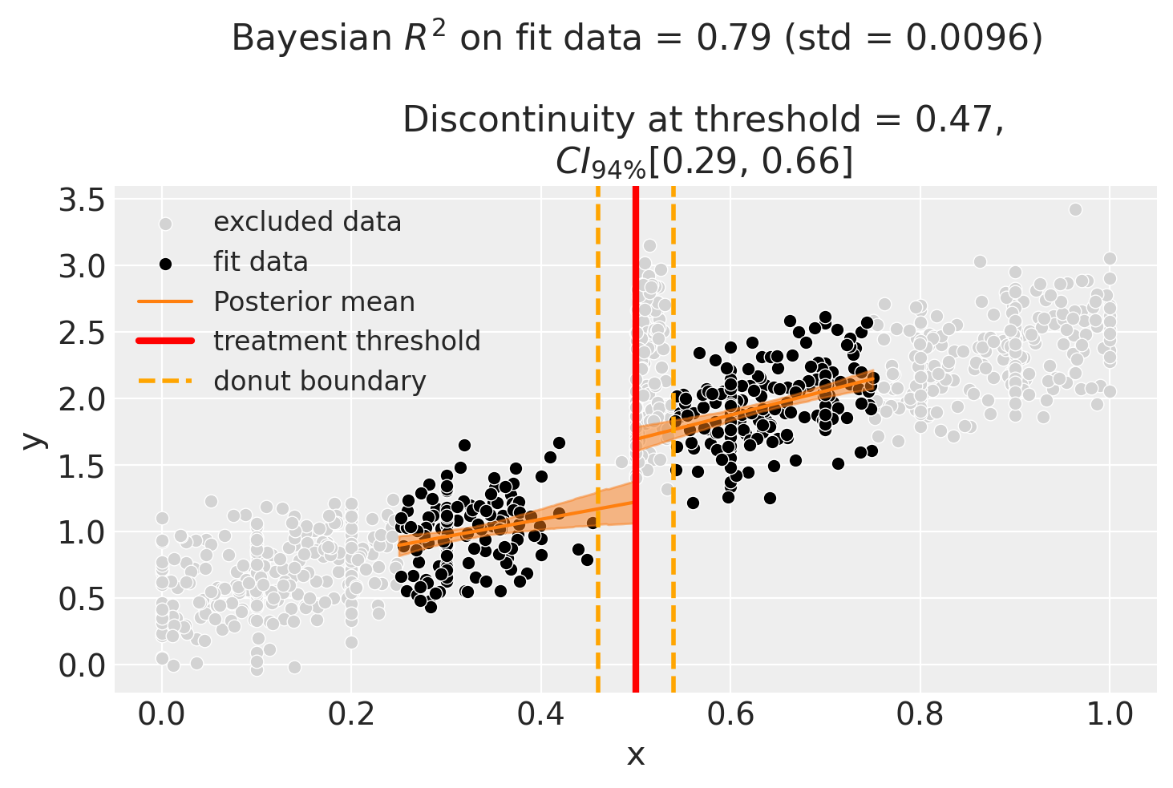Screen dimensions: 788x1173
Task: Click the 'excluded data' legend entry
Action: [307, 222]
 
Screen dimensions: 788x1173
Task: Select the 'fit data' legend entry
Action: [261, 262]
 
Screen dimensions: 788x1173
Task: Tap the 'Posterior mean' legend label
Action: [313, 302]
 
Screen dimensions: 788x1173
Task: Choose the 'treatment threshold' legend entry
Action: [346, 341]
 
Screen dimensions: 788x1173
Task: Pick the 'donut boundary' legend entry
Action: [319, 381]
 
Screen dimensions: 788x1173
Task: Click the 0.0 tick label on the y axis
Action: [82, 665]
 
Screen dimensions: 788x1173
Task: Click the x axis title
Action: [635, 755]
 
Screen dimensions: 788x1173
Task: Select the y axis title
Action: [32, 439]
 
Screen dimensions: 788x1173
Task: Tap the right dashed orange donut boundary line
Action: [673, 561]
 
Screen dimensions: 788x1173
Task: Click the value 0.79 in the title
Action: [735, 38]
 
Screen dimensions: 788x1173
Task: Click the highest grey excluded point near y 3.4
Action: [1075, 209]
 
